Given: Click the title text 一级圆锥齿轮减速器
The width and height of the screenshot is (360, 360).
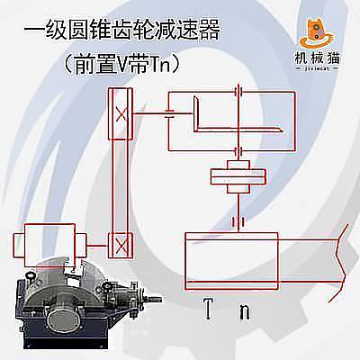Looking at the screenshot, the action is pyautogui.click(x=121, y=30).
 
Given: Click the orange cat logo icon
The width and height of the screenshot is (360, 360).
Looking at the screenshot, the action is pyautogui.click(x=318, y=34).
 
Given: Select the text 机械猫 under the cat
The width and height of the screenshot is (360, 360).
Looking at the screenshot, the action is pyautogui.click(x=318, y=58).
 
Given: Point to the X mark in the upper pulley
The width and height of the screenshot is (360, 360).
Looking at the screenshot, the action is pyautogui.click(x=121, y=114).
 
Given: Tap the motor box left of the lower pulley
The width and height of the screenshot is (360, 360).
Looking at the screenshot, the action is pyautogui.click(x=49, y=245).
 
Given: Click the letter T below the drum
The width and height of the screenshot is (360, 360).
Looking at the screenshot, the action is pyautogui.click(x=209, y=308).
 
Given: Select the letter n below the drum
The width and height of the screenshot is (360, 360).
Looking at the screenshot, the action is pyautogui.click(x=245, y=312).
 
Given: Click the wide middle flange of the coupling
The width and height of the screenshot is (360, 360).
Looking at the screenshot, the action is pyautogui.click(x=238, y=176).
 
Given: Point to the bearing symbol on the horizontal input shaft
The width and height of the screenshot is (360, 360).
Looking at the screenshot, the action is pyautogui.click(x=170, y=113).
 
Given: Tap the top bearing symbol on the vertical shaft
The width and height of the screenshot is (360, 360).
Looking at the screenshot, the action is pyautogui.click(x=238, y=91).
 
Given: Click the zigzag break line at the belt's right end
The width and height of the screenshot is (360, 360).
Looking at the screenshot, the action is pyautogui.click(x=340, y=263).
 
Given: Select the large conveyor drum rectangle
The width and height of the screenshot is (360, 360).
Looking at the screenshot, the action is pyautogui.click(x=231, y=261).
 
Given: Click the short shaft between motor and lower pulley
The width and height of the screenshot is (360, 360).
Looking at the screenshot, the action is pyautogui.click(x=97, y=246).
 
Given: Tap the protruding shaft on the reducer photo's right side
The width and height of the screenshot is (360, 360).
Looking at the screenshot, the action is pyautogui.click(x=152, y=299).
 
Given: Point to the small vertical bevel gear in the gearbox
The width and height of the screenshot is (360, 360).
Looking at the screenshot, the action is pyautogui.click(x=196, y=113).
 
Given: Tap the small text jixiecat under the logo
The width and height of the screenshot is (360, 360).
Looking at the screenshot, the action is pyautogui.click(x=317, y=68).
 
